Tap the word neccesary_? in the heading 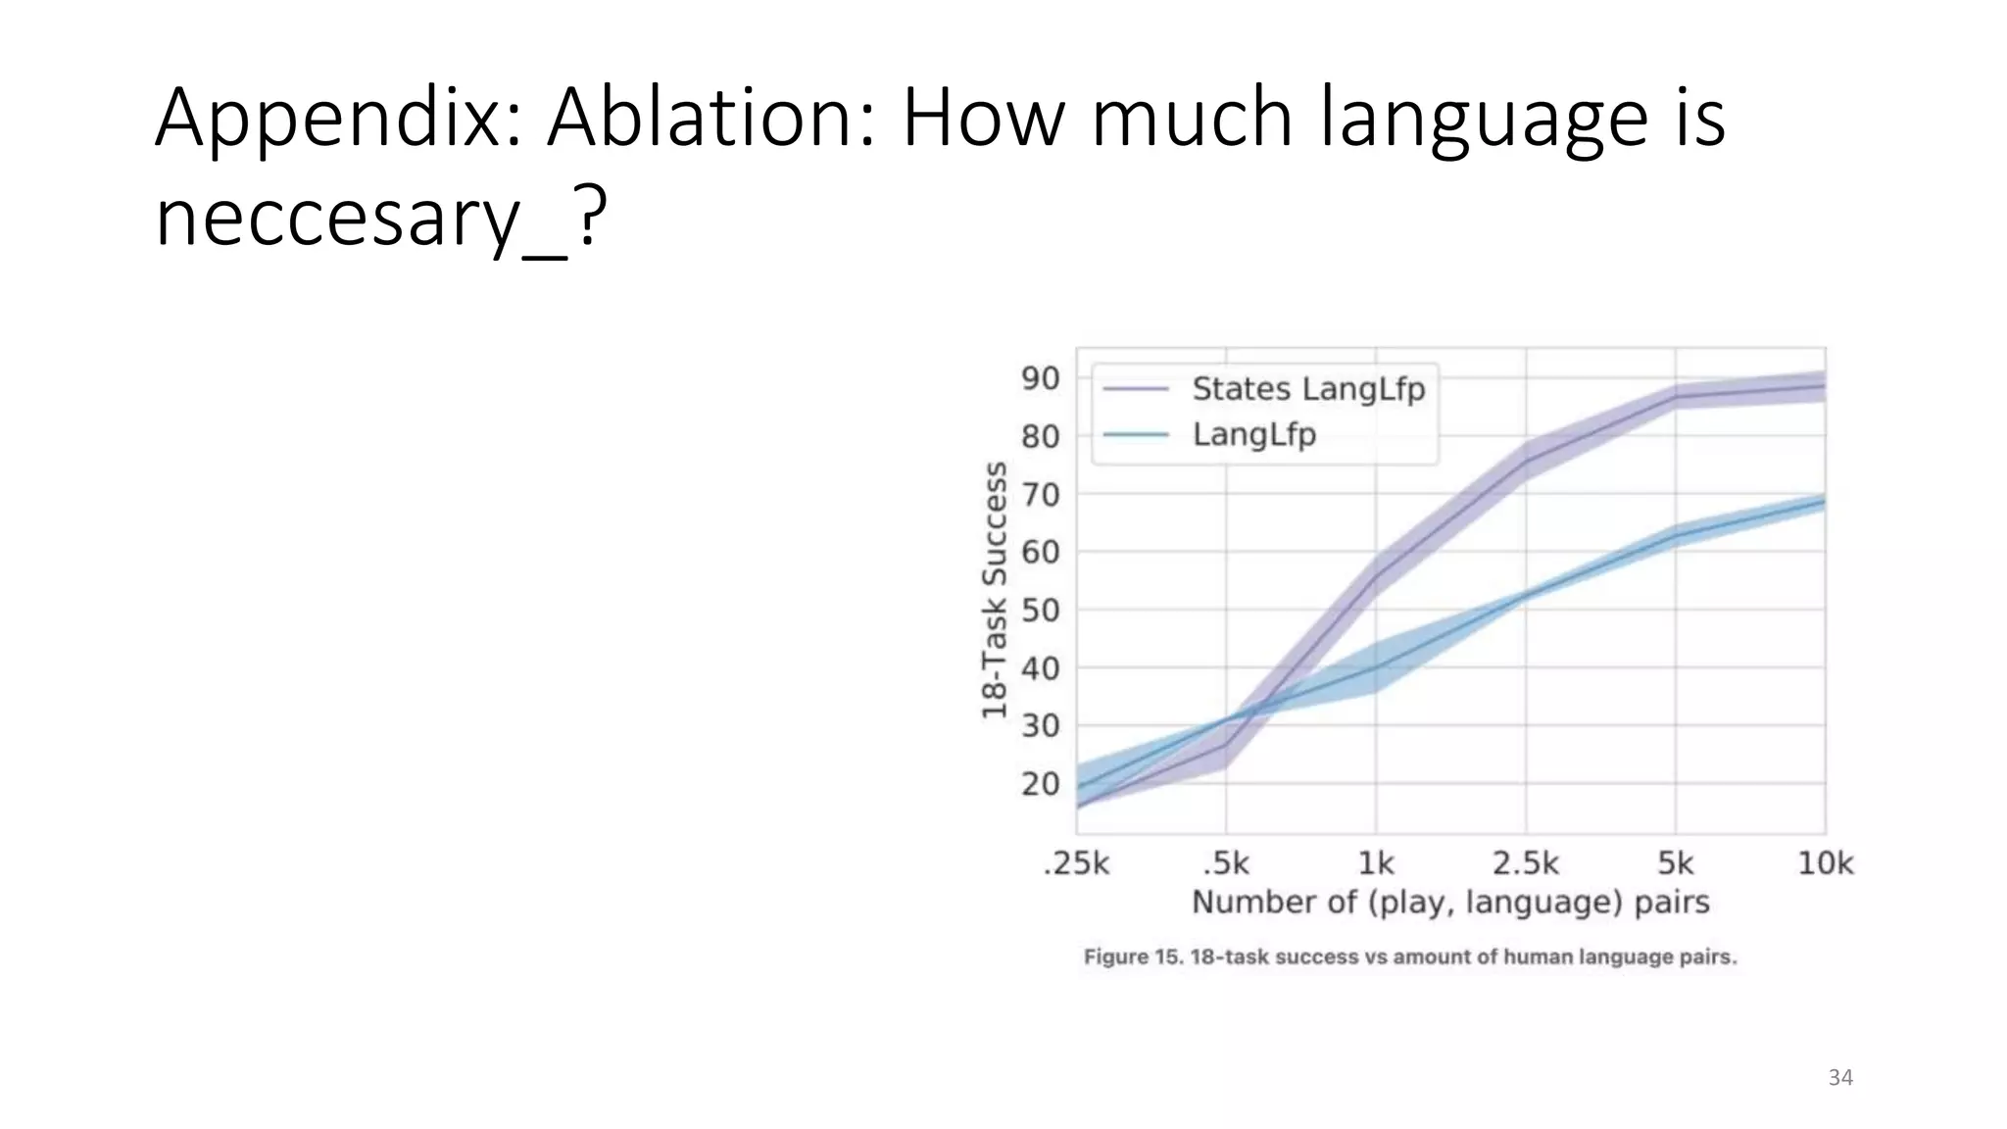[380, 218]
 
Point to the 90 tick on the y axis [1040, 378]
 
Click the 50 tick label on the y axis [1040, 610]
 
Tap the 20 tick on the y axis [1040, 784]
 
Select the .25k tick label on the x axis [1076, 863]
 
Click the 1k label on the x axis [1375, 863]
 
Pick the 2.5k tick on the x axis [1525, 863]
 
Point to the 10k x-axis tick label [1825, 863]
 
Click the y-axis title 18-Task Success [994, 590]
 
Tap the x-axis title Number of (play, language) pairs [1449, 902]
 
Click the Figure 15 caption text [1409, 957]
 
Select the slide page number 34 [1840, 1078]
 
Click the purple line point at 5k [1675, 397]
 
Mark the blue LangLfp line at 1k [1376, 667]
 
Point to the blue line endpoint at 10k [1823, 503]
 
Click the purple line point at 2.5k [1526, 463]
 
